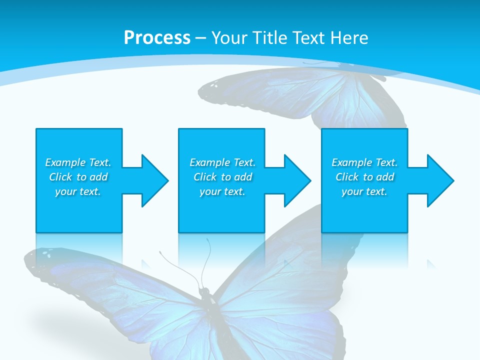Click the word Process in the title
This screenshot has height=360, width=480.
tap(157, 38)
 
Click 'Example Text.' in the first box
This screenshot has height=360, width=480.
tap(78, 162)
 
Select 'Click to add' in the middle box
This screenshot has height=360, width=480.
tap(222, 177)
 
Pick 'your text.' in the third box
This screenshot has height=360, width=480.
tap(364, 191)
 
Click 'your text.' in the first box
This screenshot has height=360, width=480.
tap(78, 191)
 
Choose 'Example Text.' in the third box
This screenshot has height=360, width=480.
tap(364, 162)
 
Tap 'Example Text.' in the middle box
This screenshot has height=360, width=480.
tap(222, 162)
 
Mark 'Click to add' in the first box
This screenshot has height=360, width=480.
tap(78, 177)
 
